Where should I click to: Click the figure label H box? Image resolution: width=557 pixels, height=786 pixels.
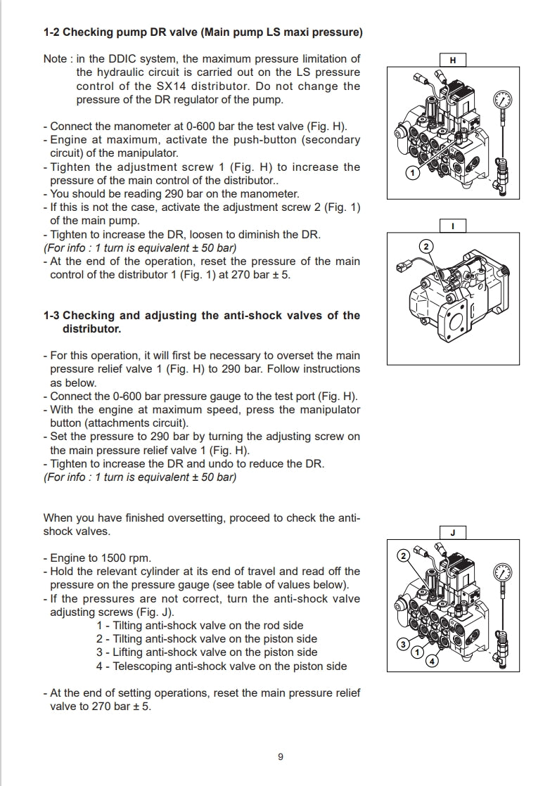(452, 60)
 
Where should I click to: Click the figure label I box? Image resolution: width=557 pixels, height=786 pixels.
(452, 226)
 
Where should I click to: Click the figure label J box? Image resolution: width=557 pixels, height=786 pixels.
(452, 533)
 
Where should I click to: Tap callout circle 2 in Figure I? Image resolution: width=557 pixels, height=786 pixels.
(425, 246)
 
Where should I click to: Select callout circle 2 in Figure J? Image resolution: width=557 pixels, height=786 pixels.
(403, 556)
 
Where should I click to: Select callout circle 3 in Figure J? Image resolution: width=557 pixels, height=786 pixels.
(403, 644)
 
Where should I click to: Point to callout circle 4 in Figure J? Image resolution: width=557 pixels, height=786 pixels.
(432, 660)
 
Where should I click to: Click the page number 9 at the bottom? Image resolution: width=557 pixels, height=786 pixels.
(280, 757)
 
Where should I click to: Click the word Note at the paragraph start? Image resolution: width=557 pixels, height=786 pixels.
(55, 58)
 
